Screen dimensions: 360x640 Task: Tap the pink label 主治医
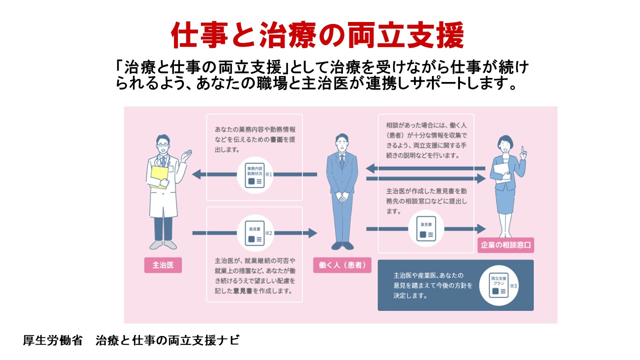[x=163, y=264]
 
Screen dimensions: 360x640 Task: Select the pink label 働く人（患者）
[x=342, y=264]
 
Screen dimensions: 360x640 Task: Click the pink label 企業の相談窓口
[x=505, y=245]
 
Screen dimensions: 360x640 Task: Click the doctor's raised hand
[x=186, y=155]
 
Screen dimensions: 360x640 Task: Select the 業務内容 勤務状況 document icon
[x=255, y=175]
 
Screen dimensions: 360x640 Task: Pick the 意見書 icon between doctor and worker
[x=255, y=233]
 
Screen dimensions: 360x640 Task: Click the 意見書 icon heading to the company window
[x=426, y=228]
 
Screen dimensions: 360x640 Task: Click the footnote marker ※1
[x=268, y=174]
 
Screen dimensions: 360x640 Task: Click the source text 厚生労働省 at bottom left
[x=52, y=340]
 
